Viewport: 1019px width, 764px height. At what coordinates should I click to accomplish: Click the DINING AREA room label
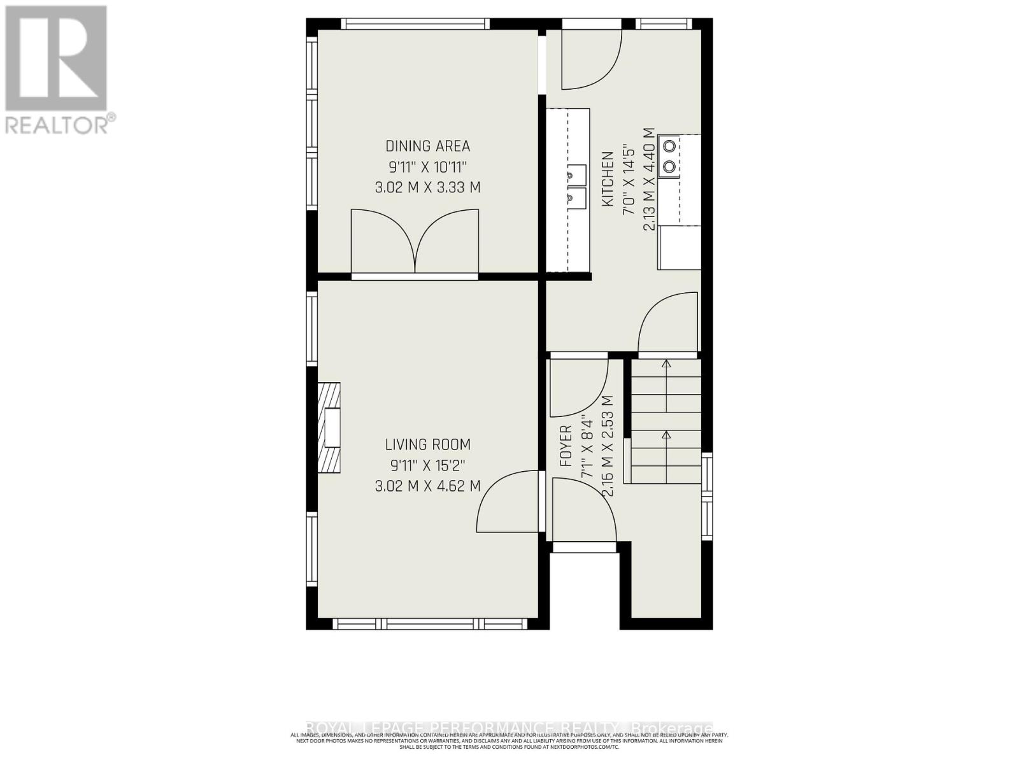click(x=427, y=146)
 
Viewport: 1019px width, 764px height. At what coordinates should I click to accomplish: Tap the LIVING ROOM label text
click(x=427, y=444)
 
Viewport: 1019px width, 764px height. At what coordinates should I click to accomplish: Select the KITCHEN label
click(x=607, y=179)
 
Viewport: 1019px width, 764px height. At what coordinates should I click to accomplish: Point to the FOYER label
click(x=566, y=446)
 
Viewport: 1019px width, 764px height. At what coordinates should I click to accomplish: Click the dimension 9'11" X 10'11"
click(x=427, y=167)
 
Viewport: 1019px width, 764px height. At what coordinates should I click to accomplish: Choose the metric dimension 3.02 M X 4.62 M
click(x=427, y=486)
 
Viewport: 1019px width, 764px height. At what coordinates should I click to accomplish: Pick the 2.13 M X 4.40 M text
click(x=649, y=179)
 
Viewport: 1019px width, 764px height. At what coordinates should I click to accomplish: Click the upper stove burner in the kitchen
click(x=669, y=146)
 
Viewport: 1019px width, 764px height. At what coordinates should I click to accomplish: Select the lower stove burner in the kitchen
click(x=669, y=167)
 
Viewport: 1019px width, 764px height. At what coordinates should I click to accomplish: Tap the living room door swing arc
click(x=506, y=500)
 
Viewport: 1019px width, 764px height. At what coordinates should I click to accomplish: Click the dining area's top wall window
click(x=415, y=24)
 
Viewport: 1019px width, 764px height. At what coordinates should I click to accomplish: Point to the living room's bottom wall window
click(x=430, y=624)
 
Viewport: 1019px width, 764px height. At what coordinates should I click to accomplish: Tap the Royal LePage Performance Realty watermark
click(x=509, y=728)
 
